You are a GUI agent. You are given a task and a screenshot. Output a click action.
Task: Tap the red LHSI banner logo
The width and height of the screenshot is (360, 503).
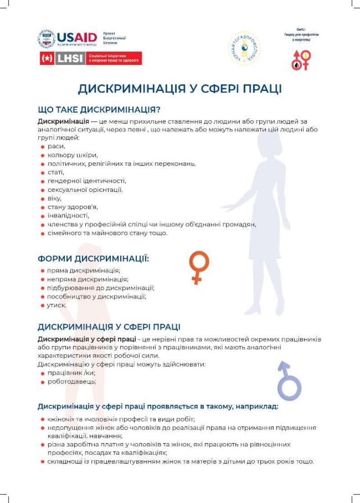90,58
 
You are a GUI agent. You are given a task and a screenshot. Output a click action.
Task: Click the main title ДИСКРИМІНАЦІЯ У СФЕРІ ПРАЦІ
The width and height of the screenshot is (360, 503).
180,89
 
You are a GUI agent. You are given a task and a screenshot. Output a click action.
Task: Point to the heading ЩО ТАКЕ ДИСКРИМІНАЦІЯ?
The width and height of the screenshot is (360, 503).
99,110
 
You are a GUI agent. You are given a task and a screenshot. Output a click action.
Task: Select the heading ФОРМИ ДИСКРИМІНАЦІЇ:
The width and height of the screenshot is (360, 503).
93,259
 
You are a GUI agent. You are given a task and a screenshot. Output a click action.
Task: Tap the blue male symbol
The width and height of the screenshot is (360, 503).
288,380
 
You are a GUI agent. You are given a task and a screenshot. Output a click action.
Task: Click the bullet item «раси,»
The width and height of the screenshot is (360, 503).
57,146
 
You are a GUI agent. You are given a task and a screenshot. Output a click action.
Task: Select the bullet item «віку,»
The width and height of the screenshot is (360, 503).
54,198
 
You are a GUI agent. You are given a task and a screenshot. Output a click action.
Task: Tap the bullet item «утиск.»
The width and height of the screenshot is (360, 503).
57,305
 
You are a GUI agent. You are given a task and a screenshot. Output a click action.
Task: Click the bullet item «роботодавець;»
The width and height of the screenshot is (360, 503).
72,381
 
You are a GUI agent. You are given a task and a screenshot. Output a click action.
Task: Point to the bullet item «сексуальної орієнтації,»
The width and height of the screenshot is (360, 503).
85,190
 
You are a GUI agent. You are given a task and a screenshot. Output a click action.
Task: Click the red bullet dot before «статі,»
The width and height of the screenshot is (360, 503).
42,172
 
